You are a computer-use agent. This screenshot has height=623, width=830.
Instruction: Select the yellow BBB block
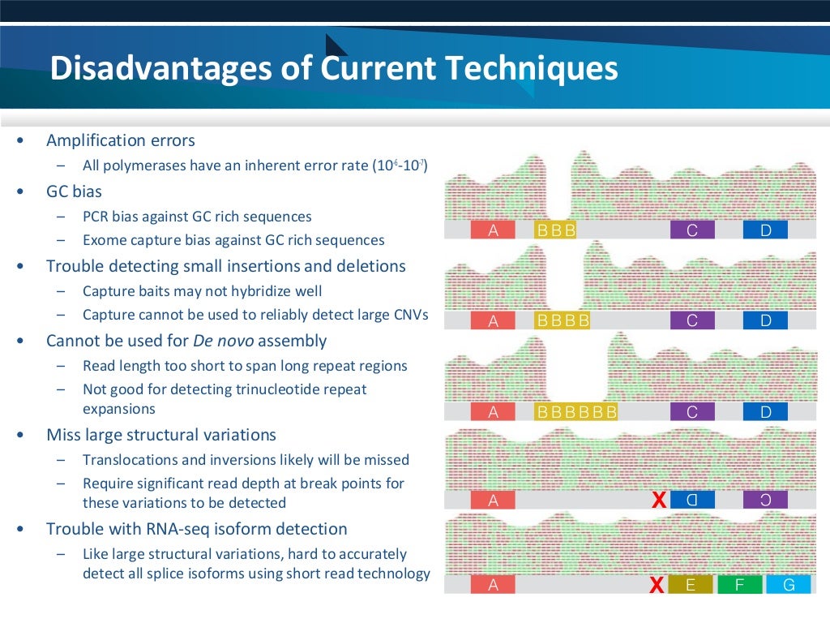[x=556, y=230]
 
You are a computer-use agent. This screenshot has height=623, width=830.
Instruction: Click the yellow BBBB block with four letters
[x=563, y=321]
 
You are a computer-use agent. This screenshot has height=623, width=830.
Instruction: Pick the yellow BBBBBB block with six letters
[x=577, y=412]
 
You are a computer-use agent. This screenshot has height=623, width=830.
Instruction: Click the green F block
[x=739, y=585]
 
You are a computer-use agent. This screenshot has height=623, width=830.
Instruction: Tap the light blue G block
[x=787, y=585]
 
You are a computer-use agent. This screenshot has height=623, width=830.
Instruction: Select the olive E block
[x=691, y=585]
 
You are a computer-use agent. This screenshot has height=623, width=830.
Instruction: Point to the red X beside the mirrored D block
[x=659, y=501]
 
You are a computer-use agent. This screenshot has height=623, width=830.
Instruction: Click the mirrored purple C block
[x=765, y=501]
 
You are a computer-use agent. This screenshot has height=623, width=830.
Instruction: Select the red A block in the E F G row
[x=493, y=585]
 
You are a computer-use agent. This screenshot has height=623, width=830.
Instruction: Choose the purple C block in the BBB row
[x=692, y=230]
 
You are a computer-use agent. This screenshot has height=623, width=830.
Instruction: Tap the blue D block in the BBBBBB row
[x=765, y=412]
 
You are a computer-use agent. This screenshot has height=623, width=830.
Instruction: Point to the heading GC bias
[x=74, y=192]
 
